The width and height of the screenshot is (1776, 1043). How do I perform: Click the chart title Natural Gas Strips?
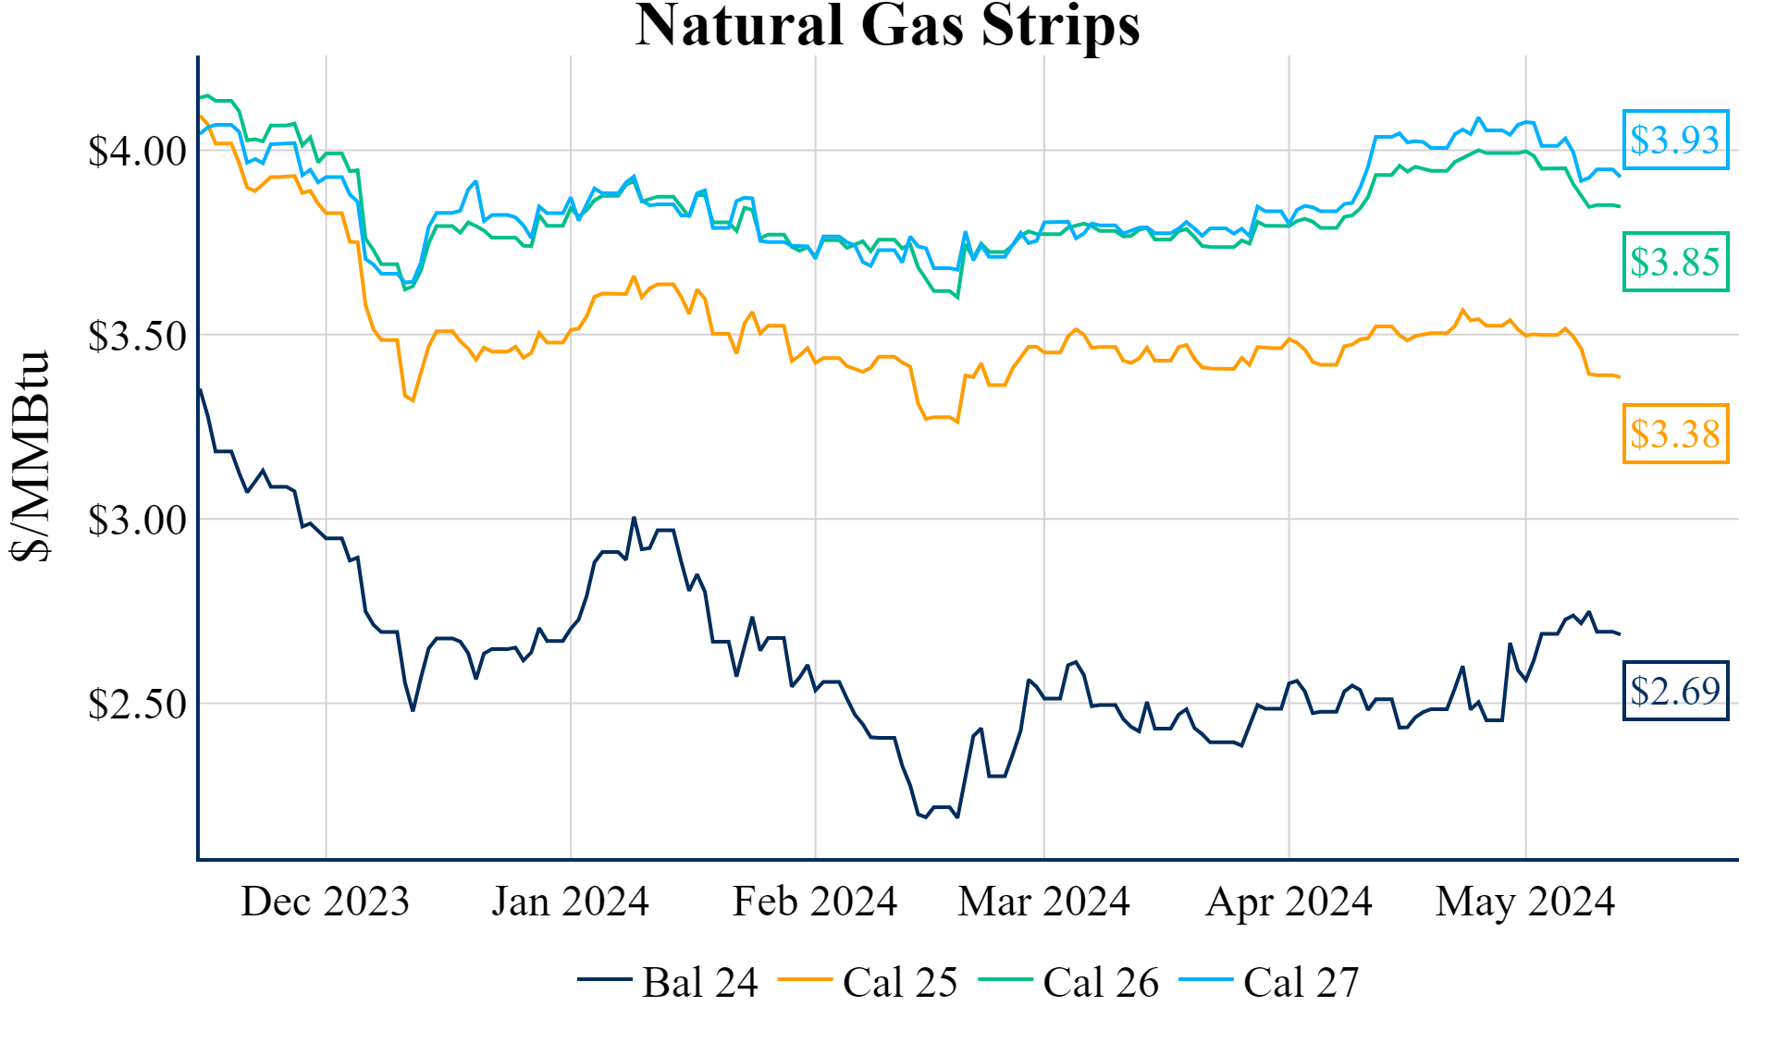coord(887,26)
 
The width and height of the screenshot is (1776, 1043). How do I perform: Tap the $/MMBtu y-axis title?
coord(30,456)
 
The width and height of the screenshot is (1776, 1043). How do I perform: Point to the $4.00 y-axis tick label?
coord(137,151)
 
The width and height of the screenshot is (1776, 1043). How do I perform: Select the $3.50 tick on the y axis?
coord(137,336)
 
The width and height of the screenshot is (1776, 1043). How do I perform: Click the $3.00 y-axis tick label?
coord(137,520)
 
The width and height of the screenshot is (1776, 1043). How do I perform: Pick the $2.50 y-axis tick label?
coord(137,704)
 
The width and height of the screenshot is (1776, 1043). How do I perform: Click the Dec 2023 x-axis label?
coord(325,902)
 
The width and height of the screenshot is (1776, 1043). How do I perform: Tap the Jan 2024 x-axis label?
coord(570,902)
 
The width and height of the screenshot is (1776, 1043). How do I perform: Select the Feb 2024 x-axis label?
coord(814,902)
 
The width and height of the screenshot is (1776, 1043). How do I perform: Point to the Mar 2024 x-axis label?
coord(1043,902)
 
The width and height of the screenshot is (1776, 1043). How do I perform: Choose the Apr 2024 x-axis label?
coord(1289,902)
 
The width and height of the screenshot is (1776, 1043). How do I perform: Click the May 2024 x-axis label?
coord(1525,902)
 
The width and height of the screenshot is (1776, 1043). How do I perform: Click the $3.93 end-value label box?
coord(1675,140)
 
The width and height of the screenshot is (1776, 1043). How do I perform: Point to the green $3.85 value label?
coord(1675,262)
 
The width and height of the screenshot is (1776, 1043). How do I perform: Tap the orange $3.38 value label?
coord(1675,434)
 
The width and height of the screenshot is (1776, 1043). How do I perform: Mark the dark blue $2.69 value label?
coord(1675,691)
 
